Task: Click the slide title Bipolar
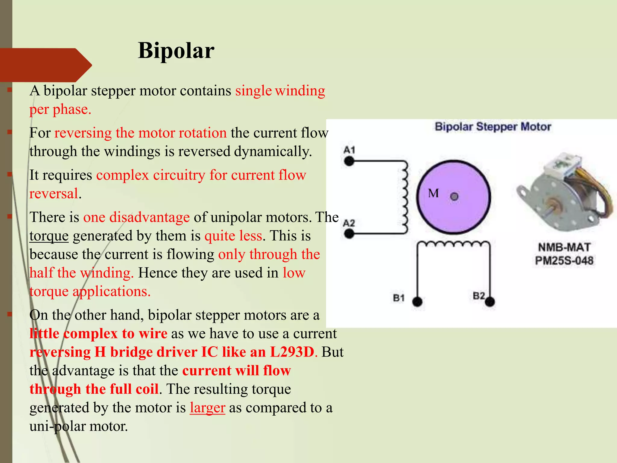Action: pyautogui.click(x=176, y=51)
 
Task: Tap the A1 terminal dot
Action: pyautogui.click(x=349, y=162)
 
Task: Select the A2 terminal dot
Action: pyautogui.click(x=349, y=234)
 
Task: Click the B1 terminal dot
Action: pyautogui.click(x=417, y=301)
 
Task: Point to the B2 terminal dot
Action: pyautogui.click(x=490, y=301)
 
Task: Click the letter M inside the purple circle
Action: pyautogui.click(x=433, y=193)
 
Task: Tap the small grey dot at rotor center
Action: pyautogui.click(x=454, y=197)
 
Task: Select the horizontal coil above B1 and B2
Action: pyautogui.click(x=453, y=244)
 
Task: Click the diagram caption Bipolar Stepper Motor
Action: pyautogui.click(x=493, y=127)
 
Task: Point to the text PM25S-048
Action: pyautogui.click(x=564, y=261)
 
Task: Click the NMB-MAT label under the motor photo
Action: pyautogui.click(x=564, y=247)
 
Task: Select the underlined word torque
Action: pyautogui.click(x=49, y=236)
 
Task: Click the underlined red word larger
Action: pyautogui.click(x=207, y=408)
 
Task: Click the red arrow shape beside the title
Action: pyautogui.click(x=45, y=65)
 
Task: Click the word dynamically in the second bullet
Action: pyautogui.click(x=273, y=151)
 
